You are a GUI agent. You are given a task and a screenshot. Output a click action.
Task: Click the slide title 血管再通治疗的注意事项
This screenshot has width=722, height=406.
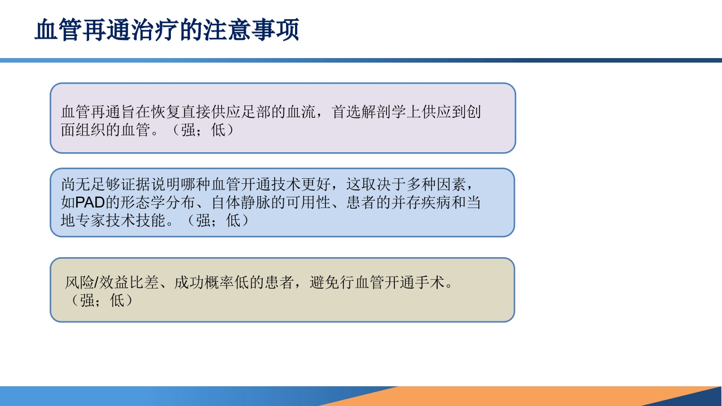(166, 30)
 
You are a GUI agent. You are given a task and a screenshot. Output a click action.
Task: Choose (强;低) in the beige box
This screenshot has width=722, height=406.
(102, 301)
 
